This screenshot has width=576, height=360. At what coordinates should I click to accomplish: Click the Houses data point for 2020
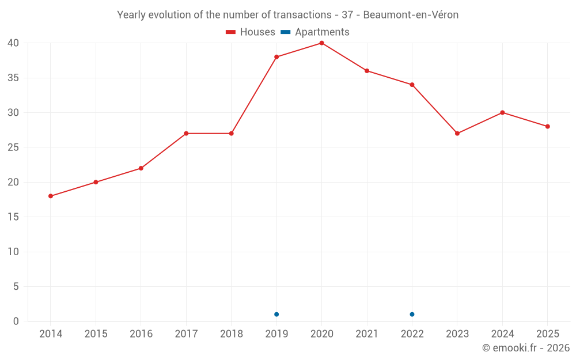click(322, 43)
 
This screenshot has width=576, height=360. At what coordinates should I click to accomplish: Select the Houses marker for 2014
click(51, 196)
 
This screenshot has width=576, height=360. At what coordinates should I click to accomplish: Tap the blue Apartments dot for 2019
click(276, 314)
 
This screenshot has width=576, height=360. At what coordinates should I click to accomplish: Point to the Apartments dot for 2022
click(412, 314)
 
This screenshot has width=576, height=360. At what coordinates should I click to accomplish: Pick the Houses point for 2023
click(457, 134)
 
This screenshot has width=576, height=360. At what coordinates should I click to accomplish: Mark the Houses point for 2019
click(276, 57)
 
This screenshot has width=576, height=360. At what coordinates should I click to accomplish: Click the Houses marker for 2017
click(186, 134)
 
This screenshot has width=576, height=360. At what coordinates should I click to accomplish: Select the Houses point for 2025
click(548, 126)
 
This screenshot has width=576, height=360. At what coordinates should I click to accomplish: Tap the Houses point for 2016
click(141, 168)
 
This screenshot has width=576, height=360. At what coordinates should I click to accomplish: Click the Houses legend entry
click(251, 32)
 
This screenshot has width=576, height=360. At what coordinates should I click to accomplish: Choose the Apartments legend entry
click(315, 32)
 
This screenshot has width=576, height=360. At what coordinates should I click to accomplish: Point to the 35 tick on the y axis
click(13, 78)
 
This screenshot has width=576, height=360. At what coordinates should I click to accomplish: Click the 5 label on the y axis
click(16, 286)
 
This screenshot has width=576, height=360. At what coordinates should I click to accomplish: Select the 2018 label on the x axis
click(232, 334)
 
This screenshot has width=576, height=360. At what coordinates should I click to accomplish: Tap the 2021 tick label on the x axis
click(367, 334)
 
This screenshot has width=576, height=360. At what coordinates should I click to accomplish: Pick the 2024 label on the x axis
click(502, 334)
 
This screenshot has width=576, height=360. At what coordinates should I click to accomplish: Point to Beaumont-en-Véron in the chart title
click(411, 15)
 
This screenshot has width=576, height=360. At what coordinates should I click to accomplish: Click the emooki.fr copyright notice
click(526, 347)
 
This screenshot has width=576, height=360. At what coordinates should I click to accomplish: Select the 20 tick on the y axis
click(13, 182)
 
